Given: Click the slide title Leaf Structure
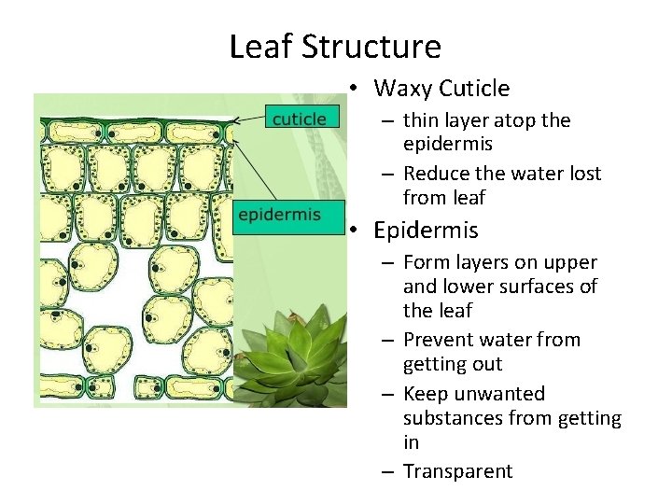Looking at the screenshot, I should (335, 46).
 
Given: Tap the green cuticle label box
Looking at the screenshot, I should (299, 119).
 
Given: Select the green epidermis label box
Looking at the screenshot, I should (279, 215).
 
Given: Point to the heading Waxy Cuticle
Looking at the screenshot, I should (441, 89).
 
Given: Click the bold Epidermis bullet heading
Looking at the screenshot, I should (426, 230).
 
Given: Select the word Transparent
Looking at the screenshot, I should (457, 471).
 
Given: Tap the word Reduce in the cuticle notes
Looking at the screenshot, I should (438, 174).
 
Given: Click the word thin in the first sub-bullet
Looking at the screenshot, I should (422, 120).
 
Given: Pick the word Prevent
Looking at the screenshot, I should (440, 340).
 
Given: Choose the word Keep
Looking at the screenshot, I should (423, 394).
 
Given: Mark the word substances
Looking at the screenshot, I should (450, 418).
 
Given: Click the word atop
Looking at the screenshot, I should (505, 120).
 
